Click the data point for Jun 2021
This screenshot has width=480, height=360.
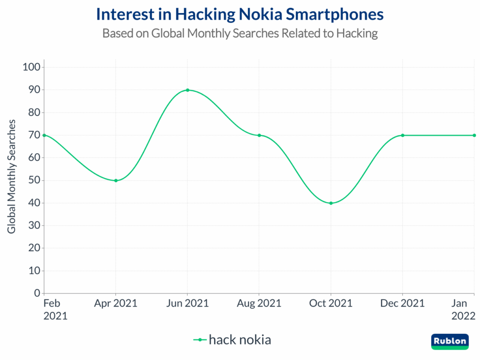click(x=187, y=90)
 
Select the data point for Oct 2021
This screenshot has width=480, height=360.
click(x=331, y=203)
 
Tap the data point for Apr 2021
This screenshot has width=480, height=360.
click(x=116, y=180)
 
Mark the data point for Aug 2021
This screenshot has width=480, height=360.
click(x=259, y=135)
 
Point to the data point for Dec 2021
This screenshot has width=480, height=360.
click(x=403, y=135)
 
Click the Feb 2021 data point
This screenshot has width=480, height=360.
click(x=44, y=135)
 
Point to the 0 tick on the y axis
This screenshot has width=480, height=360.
click(x=37, y=293)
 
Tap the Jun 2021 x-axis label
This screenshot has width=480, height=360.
click(x=187, y=303)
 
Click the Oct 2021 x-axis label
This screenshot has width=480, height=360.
click(x=331, y=303)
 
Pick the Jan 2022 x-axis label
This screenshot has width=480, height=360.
click(x=464, y=309)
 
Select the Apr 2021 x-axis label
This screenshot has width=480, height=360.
click(x=116, y=303)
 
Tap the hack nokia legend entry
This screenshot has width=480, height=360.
click(x=232, y=339)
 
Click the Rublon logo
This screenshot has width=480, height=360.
click(x=450, y=341)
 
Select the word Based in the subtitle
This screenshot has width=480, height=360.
click(x=115, y=34)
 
